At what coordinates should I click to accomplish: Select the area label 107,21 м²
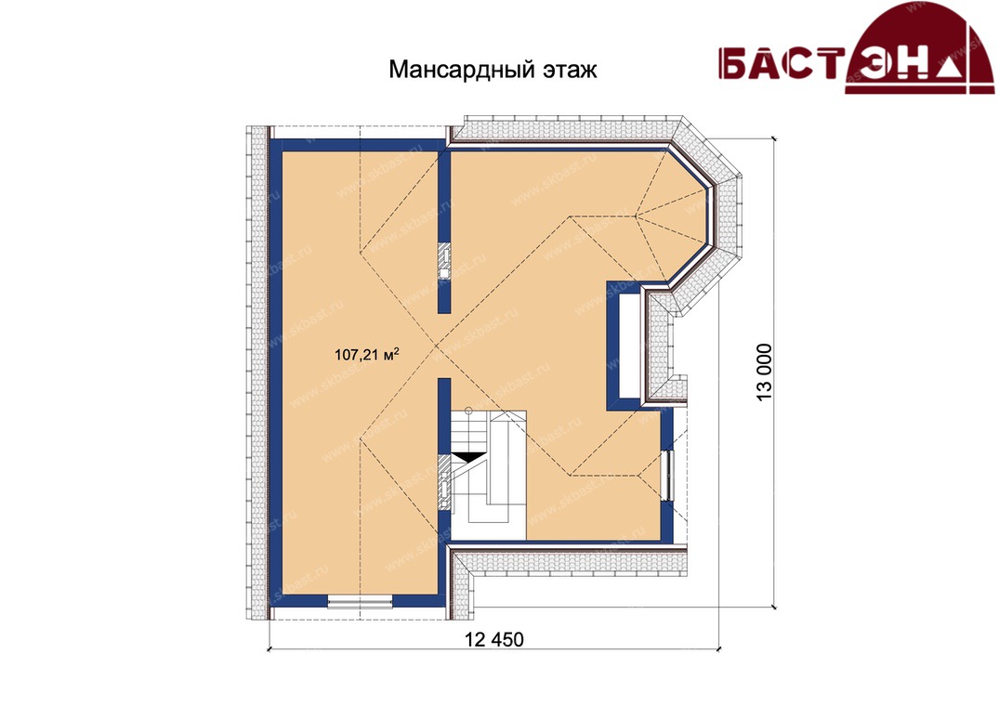(x=367, y=354)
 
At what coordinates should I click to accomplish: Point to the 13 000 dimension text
(x=764, y=373)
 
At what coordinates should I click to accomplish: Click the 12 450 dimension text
(x=494, y=638)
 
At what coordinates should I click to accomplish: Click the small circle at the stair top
(x=467, y=410)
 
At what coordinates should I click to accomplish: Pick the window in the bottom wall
(x=360, y=601)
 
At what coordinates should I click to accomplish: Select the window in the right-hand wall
(x=666, y=475)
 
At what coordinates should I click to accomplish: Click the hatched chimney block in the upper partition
(x=444, y=261)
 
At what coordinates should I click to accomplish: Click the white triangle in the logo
(x=951, y=69)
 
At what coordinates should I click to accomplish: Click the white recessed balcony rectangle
(x=629, y=345)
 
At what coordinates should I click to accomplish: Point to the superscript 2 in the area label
(x=397, y=349)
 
